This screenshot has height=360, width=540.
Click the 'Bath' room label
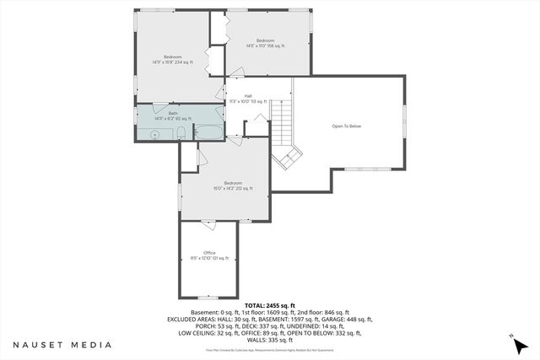173,114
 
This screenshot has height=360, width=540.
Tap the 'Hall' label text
248,96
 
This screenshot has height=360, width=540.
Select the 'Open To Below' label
346,126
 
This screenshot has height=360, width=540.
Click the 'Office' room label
209,253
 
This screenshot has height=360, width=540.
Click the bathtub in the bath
208,132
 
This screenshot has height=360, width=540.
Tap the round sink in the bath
155,134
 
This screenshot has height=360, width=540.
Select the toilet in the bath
186,132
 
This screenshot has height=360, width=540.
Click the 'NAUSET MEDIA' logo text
62,345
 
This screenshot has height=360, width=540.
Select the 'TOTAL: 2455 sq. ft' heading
269,305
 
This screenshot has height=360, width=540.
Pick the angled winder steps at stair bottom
291,156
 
